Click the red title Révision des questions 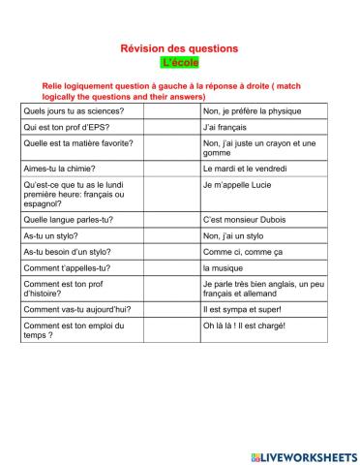coord(179,48)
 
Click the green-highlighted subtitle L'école coord(179,63)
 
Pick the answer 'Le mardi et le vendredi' coord(248,168)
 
